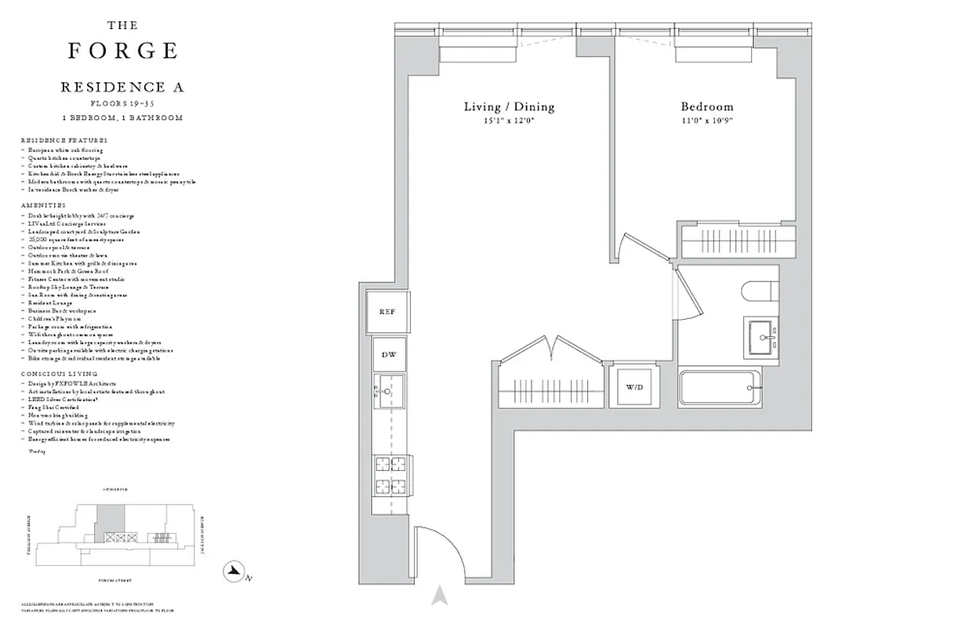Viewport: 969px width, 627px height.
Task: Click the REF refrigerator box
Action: click(x=387, y=312)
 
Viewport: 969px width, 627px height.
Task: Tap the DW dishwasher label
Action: click(x=389, y=354)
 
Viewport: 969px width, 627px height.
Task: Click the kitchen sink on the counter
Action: click(x=389, y=390)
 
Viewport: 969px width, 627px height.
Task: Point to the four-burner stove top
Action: click(x=390, y=473)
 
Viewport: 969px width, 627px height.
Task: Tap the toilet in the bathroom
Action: click(x=760, y=291)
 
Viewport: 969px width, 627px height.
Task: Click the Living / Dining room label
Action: click(x=509, y=107)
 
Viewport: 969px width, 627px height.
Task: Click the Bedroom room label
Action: click(x=706, y=107)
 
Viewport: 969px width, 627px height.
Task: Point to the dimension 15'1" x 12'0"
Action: click(x=509, y=120)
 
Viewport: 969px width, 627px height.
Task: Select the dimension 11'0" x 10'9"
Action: click(x=706, y=120)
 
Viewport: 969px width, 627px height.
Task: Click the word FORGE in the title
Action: click(x=122, y=51)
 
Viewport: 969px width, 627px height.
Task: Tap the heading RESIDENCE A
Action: click(x=122, y=88)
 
